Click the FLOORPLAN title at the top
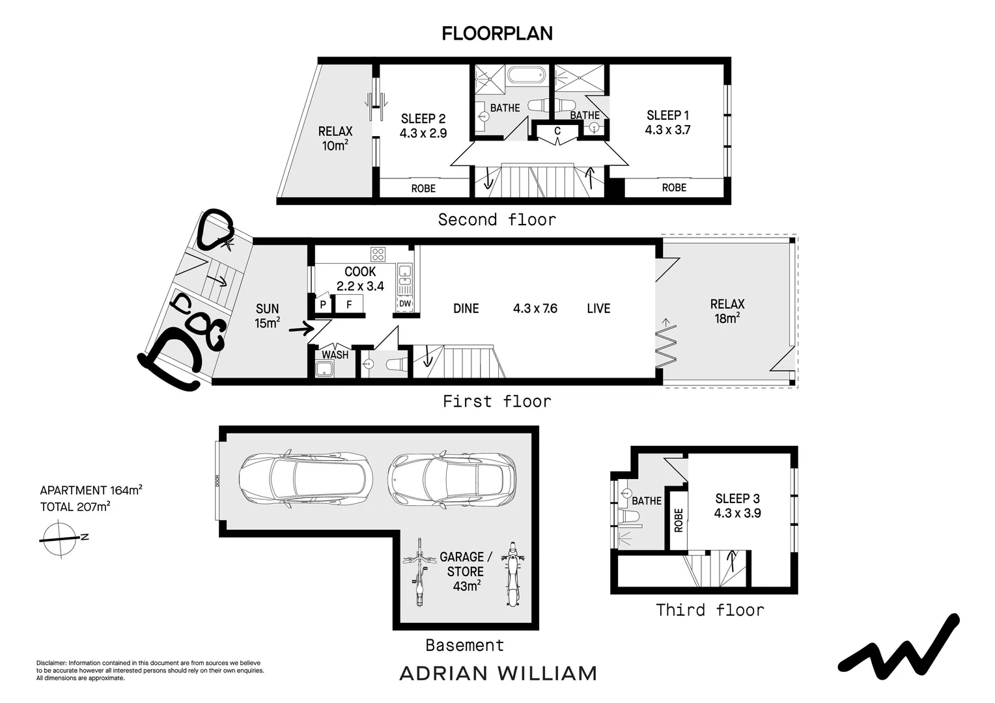point(497,33)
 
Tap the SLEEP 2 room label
point(423,118)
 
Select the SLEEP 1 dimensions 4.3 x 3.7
point(667,130)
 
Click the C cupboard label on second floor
point(557,131)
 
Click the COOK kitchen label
point(360,271)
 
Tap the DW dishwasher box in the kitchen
point(405,303)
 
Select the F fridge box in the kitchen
point(349,304)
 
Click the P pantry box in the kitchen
point(322,304)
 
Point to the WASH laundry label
point(335,355)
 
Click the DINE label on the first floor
point(466,309)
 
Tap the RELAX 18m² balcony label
point(727,310)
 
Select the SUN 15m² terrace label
point(267,316)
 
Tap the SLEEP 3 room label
point(737,499)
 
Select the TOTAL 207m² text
point(75,506)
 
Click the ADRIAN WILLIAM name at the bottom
point(497,673)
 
